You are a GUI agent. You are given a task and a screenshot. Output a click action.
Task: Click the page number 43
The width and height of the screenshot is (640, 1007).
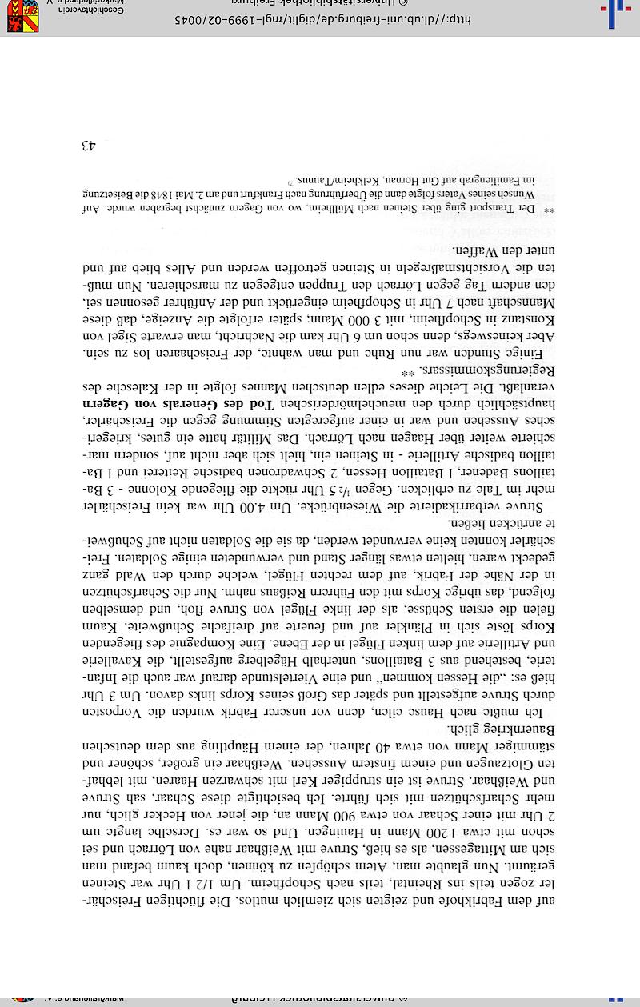point(88,146)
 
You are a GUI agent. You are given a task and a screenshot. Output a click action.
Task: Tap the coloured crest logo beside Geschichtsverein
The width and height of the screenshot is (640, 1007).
point(22,16)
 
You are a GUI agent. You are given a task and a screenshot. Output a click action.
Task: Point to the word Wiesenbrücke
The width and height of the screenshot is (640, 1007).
point(375,505)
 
